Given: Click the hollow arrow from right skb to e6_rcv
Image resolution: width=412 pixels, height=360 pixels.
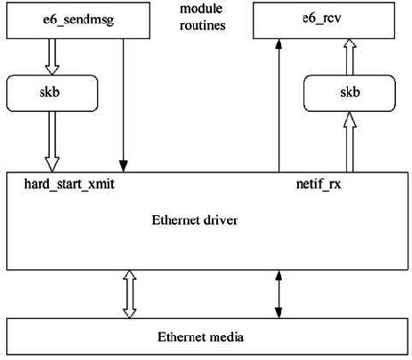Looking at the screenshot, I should tap(350, 55).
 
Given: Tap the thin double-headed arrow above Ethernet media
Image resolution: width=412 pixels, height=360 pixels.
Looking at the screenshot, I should tap(279, 295).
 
